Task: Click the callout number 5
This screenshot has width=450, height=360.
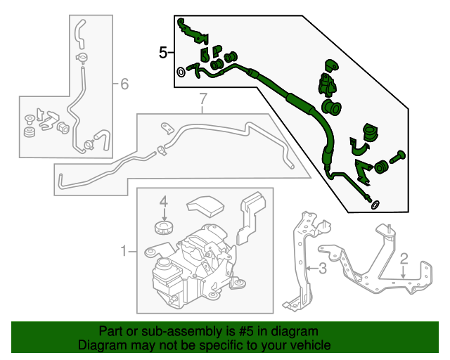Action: pyautogui.click(x=163, y=52)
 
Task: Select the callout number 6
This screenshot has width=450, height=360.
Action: pyautogui.click(x=124, y=85)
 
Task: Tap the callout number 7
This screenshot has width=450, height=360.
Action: pyautogui.click(x=202, y=98)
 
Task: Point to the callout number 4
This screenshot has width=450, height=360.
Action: pyautogui.click(x=163, y=202)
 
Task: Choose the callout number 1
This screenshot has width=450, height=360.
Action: pyautogui.click(x=124, y=251)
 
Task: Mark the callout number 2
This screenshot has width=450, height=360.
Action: pyautogui.click(x=404, y=258)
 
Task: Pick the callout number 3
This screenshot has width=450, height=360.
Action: pyautogui.click(x=322, y=268)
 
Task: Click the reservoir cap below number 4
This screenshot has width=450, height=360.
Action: pyautogui.click(x=163, y=229)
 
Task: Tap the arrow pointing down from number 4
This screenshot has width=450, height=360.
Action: pyautogui.click(x=163, y=214)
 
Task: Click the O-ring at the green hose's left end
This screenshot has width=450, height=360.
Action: pyautogui.click(x=181, y=71)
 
